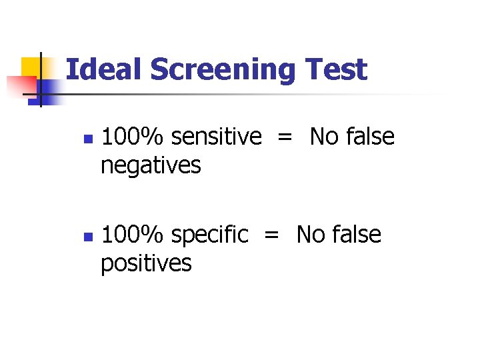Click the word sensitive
pos(216,137)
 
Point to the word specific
pos(209,235)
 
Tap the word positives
pos(146,263)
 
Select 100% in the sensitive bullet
pos(134,137)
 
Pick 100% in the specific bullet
pos(134,235)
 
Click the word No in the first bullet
pos(325,137)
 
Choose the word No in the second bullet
pos(311,235)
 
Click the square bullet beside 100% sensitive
pos(86,139)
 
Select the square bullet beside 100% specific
pos(86,237)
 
